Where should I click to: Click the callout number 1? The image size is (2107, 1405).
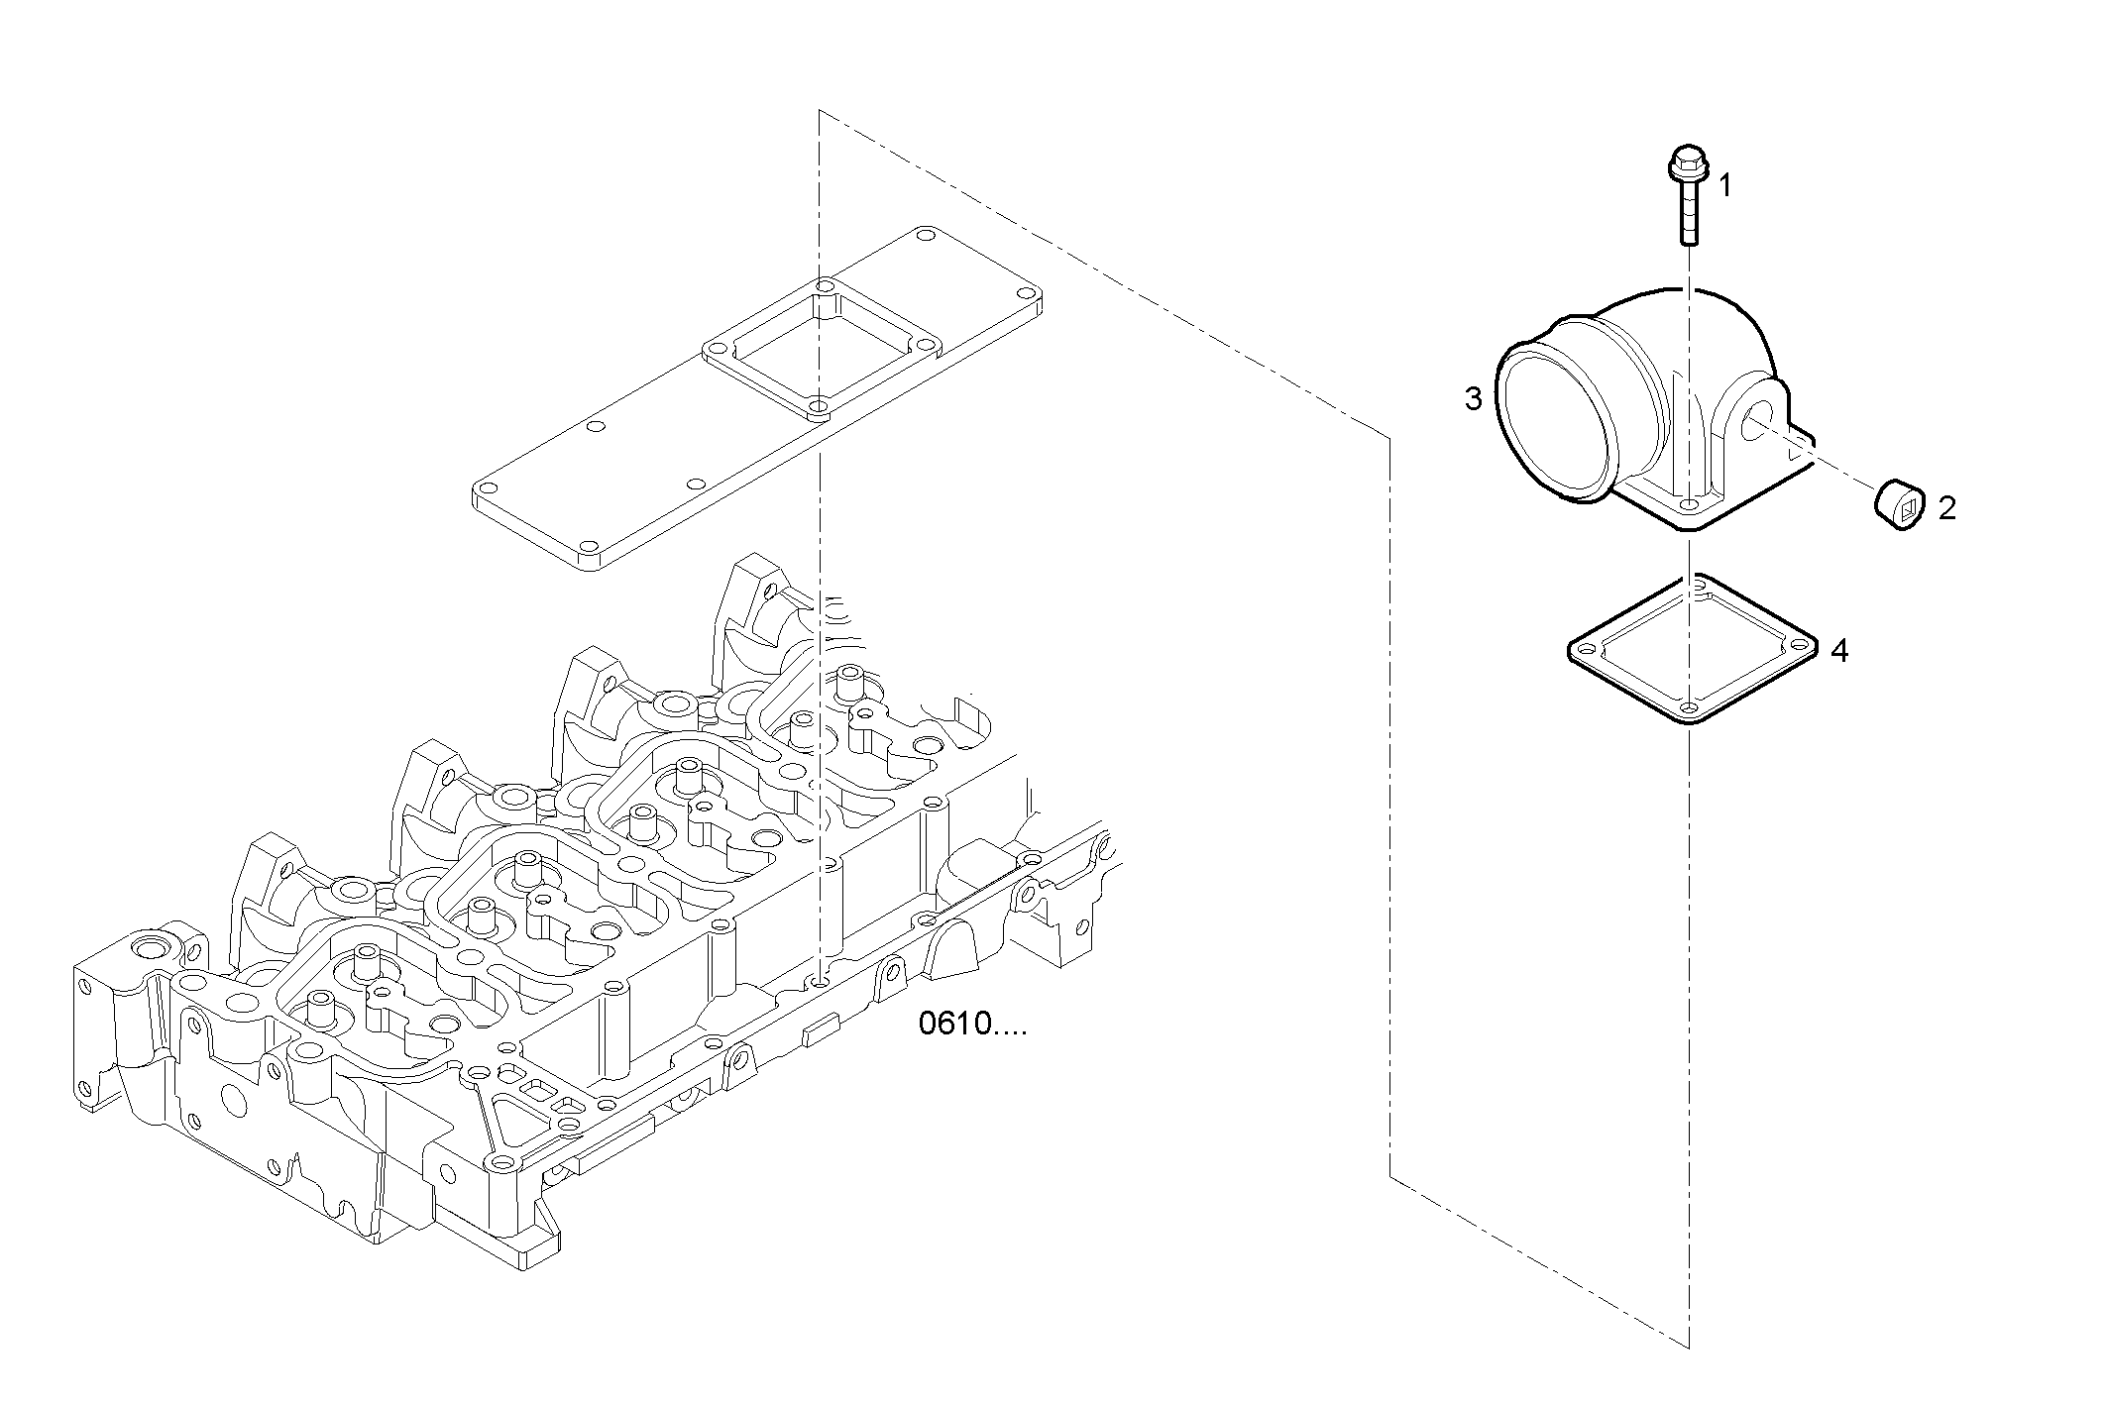1725,185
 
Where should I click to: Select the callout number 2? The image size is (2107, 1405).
1946,509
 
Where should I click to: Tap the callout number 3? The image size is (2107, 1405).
1474,399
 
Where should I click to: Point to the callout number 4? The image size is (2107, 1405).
1839,651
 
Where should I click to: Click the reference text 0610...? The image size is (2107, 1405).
971,1024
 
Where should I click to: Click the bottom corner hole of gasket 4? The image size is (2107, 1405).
1687,706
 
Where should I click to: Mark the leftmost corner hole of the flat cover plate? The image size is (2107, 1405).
487,489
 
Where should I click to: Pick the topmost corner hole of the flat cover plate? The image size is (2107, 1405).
925,235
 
